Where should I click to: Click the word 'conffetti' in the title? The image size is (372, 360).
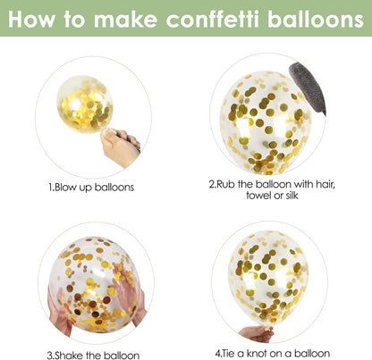pyautogui.click(x=212, y=19)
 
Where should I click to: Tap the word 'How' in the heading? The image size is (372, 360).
pyautogui.click(x=31, y=19)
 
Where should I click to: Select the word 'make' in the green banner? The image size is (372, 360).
pyautogui.click(x=125, y=19)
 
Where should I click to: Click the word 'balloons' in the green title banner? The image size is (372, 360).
pyautogui.click(x=316, y=19)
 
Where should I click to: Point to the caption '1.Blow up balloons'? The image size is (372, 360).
pyautogui.click(x=91, y=188)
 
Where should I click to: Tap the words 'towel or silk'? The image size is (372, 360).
pyautogui.click(x=272, y=196)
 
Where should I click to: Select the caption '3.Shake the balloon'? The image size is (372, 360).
pyautogui.click(x=93, y=355)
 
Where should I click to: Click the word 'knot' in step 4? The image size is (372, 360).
pyautogui.click(x=256, y=353)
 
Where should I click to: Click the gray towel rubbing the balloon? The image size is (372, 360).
pyautogui.click(x=308, y=87)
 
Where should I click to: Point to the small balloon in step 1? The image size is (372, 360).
pyautogui.click(x=85, y=104)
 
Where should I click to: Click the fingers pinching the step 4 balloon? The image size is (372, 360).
pyautogui.click(x=257, y=333)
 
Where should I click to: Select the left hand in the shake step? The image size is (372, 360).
pyautogui.click(x=60, y=311)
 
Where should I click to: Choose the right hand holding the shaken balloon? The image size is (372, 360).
pyautogui.click(x=131, y=293)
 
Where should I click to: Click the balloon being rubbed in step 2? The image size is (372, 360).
pyautogui.click(x=266, y=122)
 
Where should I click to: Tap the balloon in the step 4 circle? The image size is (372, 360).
pyautogui.click(x=268, y=278)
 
